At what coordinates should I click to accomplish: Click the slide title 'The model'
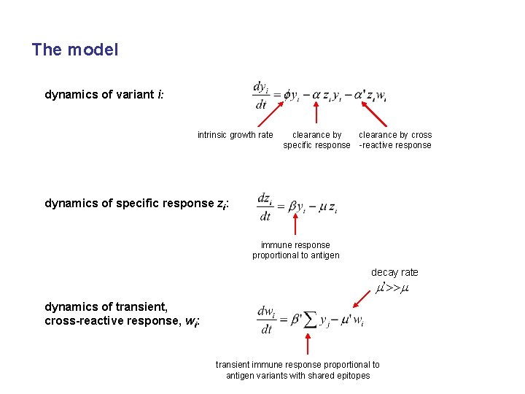point(75,50)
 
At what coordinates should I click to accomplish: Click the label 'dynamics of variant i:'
point(109,95)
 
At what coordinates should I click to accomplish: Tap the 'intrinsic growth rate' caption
point(235,135)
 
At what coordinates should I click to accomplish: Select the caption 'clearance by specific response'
point(316,140)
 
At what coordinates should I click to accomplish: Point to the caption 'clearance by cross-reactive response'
point(394,140)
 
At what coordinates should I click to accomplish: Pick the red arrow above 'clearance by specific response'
point(316,113)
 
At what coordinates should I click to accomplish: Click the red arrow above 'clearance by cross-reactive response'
point(373,113)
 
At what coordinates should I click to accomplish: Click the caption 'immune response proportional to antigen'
point(295,250)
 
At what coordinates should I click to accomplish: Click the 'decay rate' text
point(394,273)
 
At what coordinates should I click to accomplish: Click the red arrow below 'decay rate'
point(362,298)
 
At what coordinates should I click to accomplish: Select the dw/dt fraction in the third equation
point(266,320)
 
